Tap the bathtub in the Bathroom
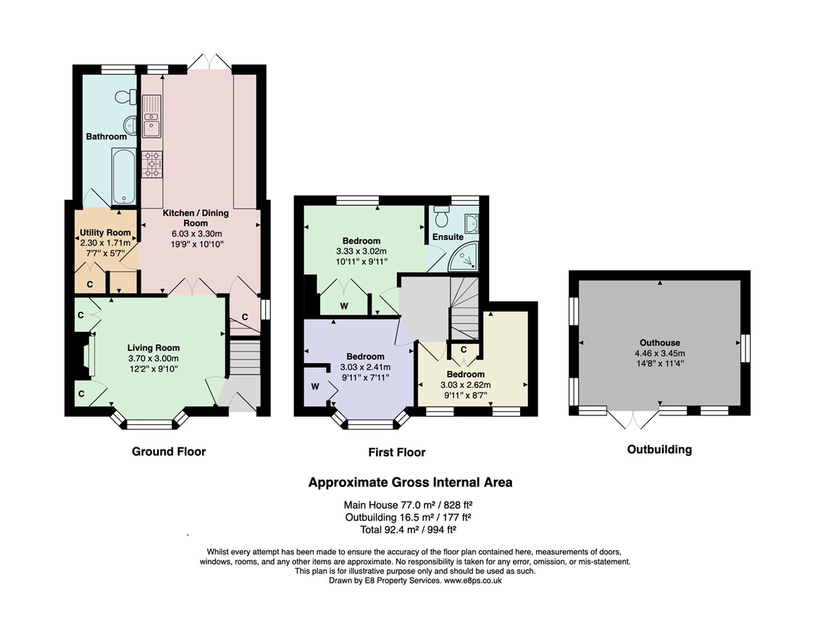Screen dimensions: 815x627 pos(124,176)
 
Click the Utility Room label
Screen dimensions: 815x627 pos(105,233)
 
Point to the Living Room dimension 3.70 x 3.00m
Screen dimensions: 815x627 pos(154,358)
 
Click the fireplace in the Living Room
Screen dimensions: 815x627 pos(85,356)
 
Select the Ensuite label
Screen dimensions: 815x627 pos(448,236)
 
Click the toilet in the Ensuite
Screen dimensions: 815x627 pos(441,216)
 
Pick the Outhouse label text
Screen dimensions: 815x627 pos(659,343)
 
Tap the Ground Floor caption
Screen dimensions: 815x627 pos(169,452)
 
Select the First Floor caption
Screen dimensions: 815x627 pos(396,452)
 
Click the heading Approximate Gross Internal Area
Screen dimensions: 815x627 pos(410,483)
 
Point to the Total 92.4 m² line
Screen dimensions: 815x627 pos(408,530)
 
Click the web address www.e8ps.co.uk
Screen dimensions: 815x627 pos(473,581)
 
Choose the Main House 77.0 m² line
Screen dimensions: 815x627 pos(408,504)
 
